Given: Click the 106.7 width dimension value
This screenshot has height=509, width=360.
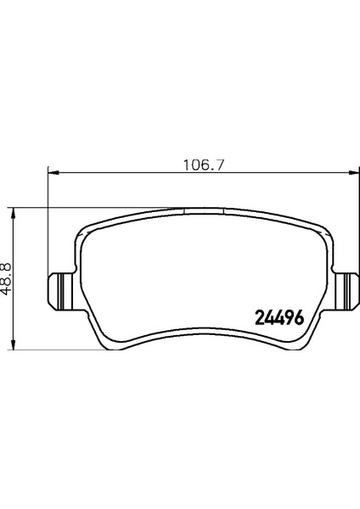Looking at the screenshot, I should coord(198,163).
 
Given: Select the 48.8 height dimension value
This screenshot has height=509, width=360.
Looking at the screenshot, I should coord(7,277).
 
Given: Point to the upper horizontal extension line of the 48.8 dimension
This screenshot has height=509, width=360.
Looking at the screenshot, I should coord(85,207).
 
